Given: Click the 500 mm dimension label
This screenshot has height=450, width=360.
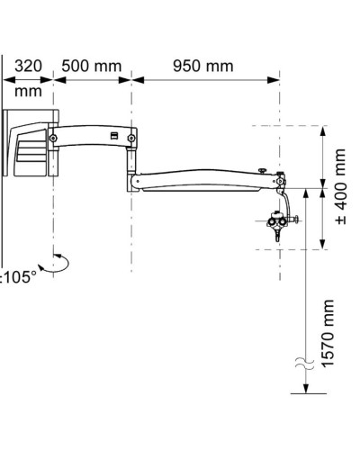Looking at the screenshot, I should pos(92,67).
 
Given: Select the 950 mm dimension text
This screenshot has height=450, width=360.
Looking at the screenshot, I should pos(202,67).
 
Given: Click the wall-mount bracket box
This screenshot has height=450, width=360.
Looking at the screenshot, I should pos(29,142).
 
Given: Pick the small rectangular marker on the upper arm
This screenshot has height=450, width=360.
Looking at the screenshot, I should pos(115,136).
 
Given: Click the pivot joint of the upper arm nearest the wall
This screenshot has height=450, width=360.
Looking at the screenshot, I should pos(55,138).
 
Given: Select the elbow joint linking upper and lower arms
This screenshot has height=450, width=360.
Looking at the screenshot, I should pos(133,179).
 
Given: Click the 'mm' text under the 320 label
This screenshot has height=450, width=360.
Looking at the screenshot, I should pos(27,91).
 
